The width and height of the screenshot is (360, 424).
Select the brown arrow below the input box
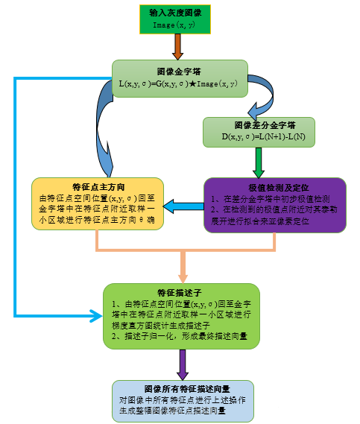coord(177,47)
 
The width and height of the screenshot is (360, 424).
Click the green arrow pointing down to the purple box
coord(259,161)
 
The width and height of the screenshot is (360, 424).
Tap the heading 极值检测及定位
coord(275,186)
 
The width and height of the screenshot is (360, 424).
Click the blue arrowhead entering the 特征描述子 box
coord(95,318)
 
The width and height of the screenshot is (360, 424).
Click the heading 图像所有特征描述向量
coord(182,389)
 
